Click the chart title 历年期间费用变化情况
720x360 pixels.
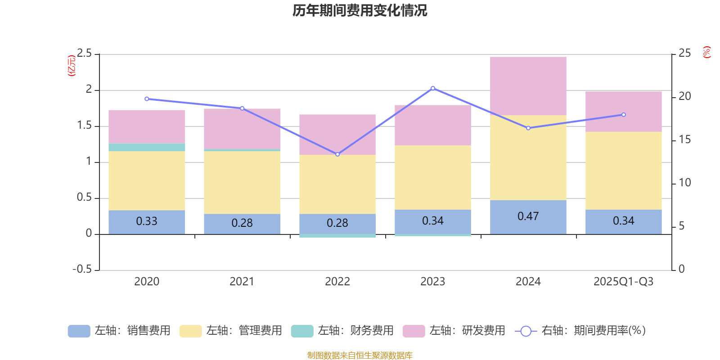tap(360, 10)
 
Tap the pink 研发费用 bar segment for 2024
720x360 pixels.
tap(528, 86)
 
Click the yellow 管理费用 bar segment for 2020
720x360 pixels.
tap(147, 180)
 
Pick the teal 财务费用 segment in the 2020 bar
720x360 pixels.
tap(147, 147)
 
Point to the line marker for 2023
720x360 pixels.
tap(433, 88)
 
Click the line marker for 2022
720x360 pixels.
tap(337, 154)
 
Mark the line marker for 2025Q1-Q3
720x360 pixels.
tap(623, 115)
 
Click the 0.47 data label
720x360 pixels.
tap(528, 216)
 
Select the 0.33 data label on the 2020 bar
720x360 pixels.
tap(147, 221)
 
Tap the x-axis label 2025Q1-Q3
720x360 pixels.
tap(623, 281)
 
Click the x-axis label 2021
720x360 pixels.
tap(242, 281)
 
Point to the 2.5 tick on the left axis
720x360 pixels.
tap(84, 54)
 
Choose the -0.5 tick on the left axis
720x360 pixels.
tap(82, 269)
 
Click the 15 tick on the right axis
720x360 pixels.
tap(684, 139)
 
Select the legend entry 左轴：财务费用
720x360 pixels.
tap(342, 331)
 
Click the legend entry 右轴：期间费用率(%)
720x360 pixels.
tap(580, 331)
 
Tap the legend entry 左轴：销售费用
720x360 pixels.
tap(119, 331)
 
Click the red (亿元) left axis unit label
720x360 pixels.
tap(71, 66)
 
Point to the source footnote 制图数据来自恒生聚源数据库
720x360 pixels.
tap(360, 355)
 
